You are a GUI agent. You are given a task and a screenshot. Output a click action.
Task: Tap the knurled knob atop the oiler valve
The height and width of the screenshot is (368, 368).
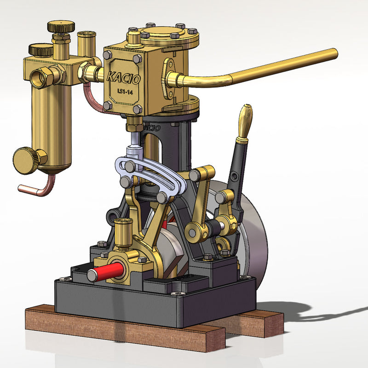point(61,26)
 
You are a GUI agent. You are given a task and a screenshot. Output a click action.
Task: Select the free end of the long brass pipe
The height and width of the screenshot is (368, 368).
point(333,54)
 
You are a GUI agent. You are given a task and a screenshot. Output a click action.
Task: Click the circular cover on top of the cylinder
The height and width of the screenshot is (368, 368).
point(165,33)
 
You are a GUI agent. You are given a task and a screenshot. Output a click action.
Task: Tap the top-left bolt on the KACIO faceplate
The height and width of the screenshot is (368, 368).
point(108,55)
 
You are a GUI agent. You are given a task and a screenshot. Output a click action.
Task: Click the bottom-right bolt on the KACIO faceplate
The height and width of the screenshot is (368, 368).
point(137,109)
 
